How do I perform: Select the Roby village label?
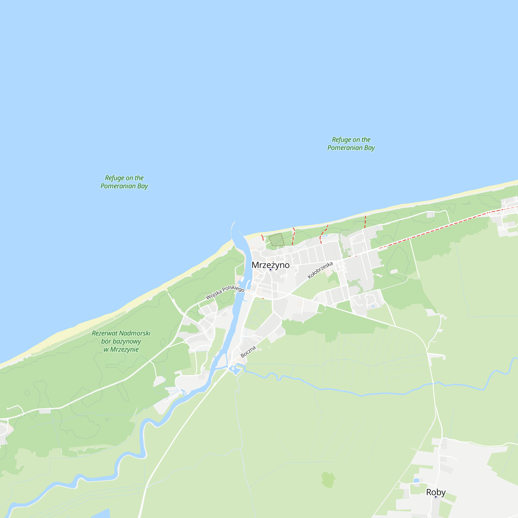(436, 492)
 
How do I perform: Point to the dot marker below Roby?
(436, 497)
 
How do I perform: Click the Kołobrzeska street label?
(320, 270)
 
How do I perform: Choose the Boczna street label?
(248, 352)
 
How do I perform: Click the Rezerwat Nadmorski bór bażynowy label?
(121, 341)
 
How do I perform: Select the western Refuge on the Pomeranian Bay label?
(124, 182)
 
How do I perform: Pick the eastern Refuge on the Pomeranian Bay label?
(351, 143)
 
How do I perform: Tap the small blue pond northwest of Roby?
(416, 481)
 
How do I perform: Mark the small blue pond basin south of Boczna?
(236, 370)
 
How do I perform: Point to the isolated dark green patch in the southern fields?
(328, 479)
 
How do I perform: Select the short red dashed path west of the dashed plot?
(262, 238)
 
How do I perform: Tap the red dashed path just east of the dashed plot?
(294, 236)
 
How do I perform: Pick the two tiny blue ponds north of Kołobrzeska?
(325, 236)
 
